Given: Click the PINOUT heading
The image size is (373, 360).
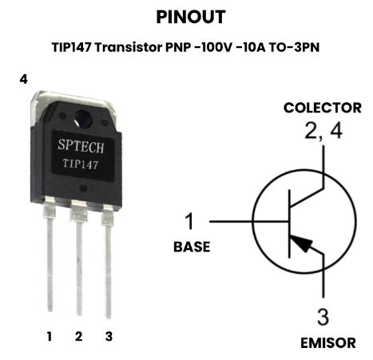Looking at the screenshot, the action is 191,17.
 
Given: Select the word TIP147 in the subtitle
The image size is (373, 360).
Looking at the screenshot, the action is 71,48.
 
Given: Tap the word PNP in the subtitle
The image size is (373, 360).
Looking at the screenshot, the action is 178,48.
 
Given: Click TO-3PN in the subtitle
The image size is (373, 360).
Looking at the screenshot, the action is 294,48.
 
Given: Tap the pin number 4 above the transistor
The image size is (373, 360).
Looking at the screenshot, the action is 23,79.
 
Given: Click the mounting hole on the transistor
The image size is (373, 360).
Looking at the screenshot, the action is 83,119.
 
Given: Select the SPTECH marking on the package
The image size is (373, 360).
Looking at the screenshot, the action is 81,146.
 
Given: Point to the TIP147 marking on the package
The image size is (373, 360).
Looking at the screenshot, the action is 81,164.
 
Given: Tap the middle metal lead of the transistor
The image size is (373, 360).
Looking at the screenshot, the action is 79,258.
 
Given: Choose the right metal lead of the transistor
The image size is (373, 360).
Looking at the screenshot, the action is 108,262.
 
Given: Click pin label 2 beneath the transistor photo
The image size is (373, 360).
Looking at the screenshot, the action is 78,337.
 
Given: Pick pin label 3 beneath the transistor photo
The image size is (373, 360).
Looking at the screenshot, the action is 109,337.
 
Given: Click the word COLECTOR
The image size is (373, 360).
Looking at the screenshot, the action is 323,108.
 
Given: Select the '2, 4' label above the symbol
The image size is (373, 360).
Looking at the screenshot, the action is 323,131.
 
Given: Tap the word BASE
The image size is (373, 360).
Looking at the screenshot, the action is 192,247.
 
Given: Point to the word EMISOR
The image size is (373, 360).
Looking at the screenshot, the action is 328,343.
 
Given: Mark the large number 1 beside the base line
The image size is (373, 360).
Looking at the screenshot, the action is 189,221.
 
